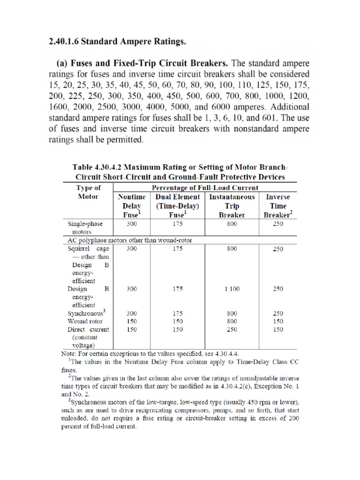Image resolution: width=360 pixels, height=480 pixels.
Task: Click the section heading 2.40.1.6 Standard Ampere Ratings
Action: tap(117, 42)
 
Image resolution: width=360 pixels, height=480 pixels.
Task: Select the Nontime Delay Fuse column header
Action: tap(131, 206)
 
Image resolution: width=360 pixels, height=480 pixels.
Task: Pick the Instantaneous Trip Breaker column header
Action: tap(232, 206)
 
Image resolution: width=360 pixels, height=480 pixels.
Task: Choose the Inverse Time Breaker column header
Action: tap(278, 206)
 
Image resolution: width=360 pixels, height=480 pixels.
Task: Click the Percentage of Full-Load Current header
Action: tap(204, 187)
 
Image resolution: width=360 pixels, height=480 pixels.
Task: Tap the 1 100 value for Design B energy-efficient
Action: tap(232, 289)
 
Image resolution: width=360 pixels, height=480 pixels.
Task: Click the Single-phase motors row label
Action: tap(85, 228)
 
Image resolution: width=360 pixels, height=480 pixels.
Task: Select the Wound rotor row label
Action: tap(85, 321)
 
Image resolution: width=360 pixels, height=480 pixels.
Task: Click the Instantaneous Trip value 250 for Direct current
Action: tap(232, 330)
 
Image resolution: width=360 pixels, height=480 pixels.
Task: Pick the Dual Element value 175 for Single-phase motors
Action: tap(177, 224)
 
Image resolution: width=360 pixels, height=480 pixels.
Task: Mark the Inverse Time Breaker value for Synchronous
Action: tap(278, 313)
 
